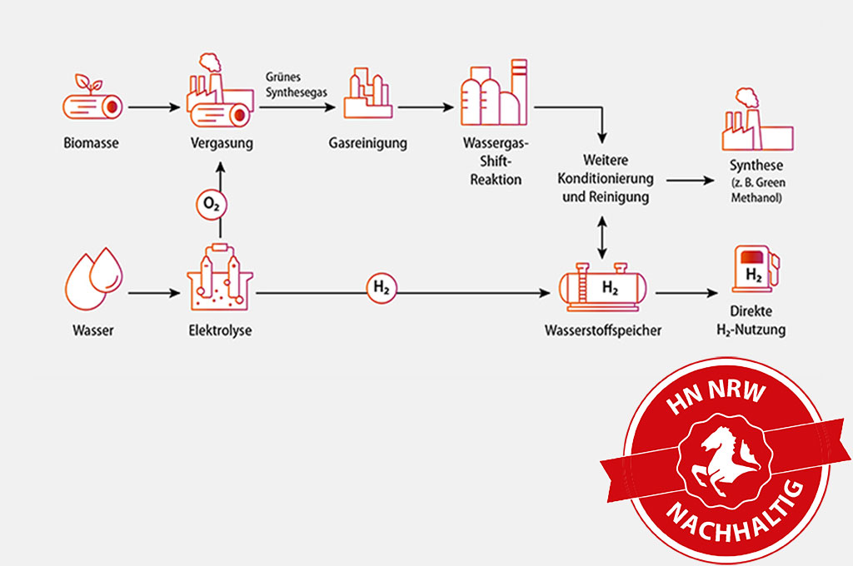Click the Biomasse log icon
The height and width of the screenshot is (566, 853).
92,102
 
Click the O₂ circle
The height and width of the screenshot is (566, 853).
211,202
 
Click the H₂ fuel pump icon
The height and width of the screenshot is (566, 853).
755,269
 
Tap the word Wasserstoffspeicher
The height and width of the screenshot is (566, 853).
603,330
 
